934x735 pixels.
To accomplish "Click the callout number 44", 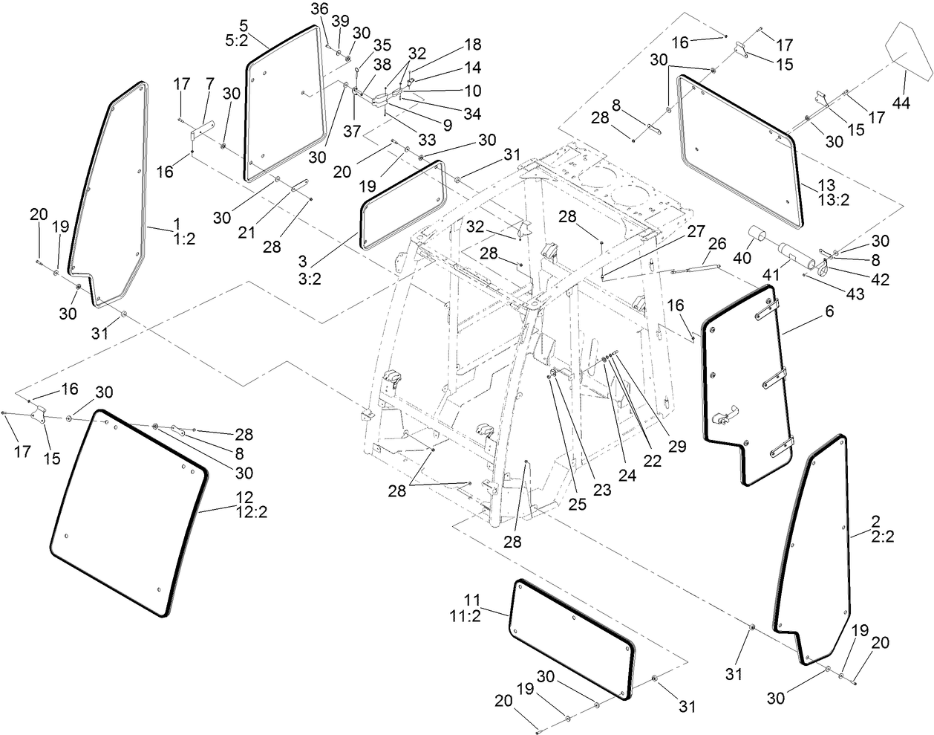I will [901, 103].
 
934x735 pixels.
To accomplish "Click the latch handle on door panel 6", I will [722, 418].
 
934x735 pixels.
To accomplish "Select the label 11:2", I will [482, 613].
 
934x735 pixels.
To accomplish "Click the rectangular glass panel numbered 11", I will [572, 640].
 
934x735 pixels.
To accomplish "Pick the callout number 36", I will [319, 8].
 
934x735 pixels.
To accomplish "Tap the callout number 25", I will [577, 504].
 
